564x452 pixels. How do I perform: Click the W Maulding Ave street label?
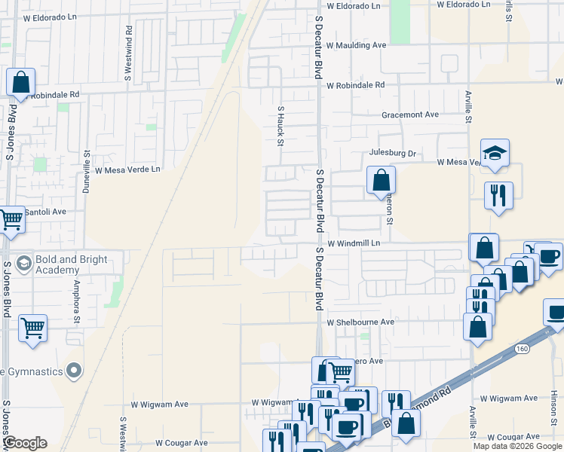click(356, 45)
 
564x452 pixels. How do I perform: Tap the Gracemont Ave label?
click(409, 115)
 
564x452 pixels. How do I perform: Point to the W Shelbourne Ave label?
click(360, 322)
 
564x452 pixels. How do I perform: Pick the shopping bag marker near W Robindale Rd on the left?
click(20, 82)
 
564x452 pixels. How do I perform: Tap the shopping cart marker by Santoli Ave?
click(11, 220)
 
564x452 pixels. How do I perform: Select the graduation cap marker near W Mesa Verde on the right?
click(495, 153)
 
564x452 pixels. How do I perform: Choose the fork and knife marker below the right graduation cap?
click(499, 195)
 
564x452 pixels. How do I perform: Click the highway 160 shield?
click(523, 349)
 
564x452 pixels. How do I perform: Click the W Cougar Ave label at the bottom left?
click(181, 443)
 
